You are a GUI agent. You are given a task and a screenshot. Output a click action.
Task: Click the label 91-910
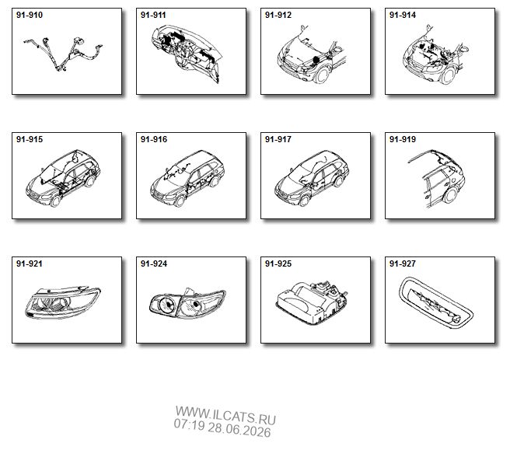30,15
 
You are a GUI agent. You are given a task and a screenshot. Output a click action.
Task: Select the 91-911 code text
153,15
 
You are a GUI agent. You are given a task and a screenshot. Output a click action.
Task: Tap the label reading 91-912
278,15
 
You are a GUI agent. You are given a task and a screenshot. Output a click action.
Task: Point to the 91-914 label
403,15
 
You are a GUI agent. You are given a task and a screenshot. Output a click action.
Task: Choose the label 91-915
30,139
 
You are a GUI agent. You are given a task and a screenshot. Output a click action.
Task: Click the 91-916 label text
154,139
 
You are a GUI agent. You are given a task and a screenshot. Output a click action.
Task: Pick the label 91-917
278,139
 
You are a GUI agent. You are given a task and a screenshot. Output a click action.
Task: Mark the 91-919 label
403,139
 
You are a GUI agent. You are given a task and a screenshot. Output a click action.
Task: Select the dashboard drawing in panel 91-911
187,54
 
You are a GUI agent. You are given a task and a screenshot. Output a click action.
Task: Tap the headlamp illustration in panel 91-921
62,302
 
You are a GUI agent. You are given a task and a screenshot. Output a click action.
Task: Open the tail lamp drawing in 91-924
187,303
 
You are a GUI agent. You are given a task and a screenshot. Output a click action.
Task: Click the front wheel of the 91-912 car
323,75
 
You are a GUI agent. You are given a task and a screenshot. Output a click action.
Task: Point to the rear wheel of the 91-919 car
451,194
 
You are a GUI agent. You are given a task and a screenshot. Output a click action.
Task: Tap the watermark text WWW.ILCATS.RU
225,416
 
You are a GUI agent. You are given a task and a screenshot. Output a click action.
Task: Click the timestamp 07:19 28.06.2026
222,427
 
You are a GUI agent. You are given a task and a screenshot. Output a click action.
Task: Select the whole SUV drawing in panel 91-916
187,178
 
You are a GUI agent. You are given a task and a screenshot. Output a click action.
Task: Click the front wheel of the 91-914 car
449,75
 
